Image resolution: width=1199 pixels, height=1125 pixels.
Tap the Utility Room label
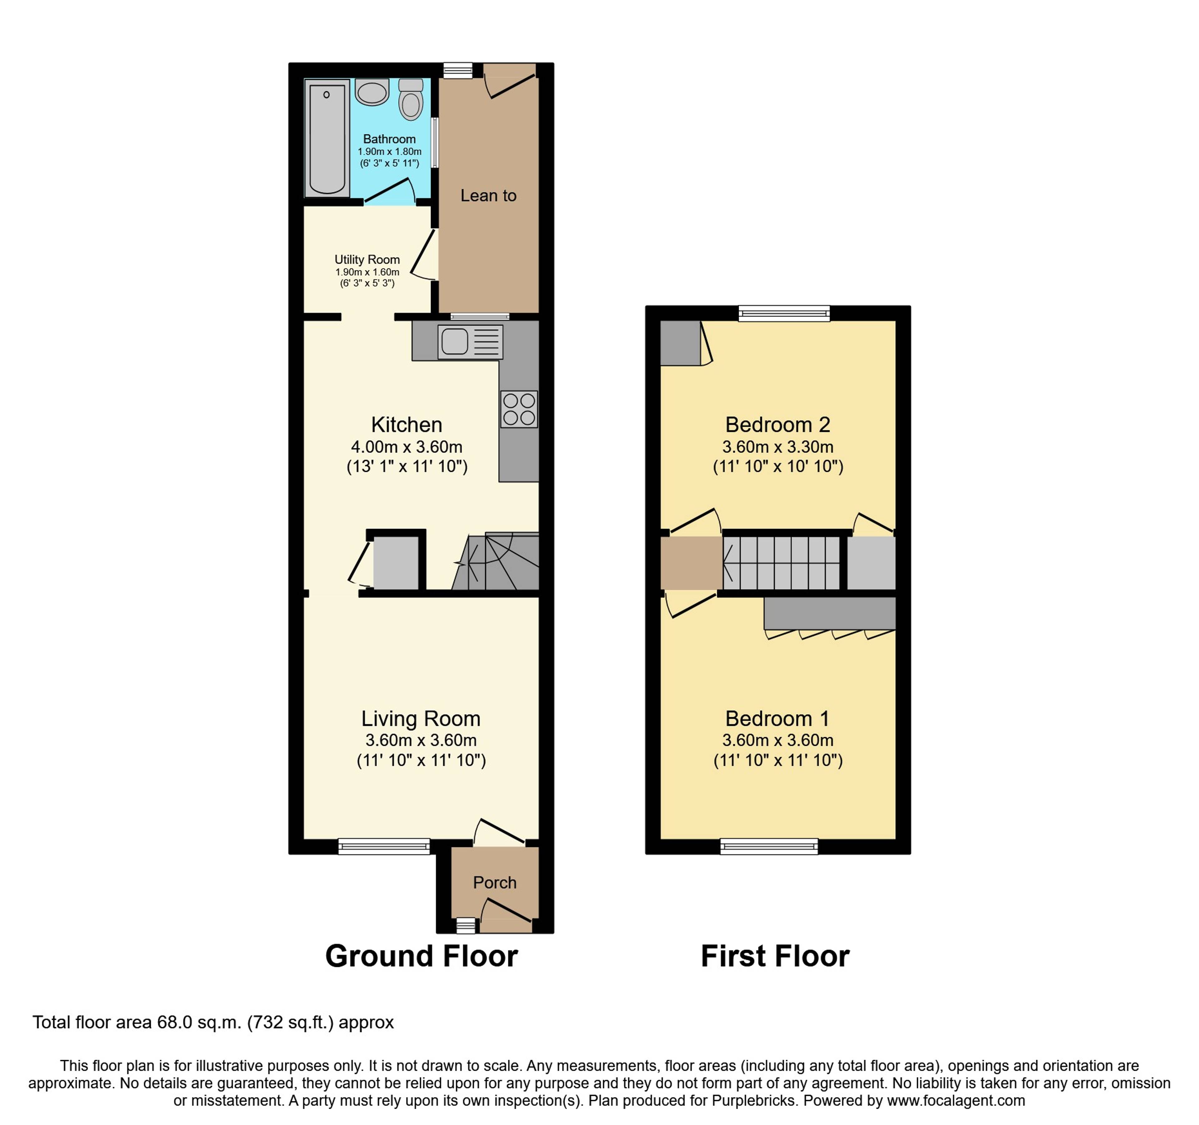click(x=367, y=259)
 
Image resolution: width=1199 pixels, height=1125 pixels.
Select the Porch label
click(x=495, y=882)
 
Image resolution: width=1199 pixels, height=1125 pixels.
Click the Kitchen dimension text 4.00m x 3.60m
click(x=407, y=447)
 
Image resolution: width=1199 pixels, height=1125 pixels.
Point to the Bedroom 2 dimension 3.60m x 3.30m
click(x=778, y=447)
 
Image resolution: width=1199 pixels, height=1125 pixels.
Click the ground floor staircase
click(x=496, y=561)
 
